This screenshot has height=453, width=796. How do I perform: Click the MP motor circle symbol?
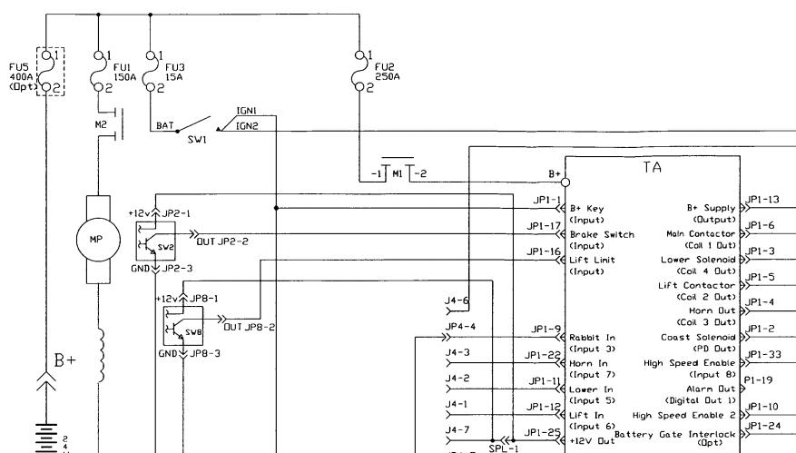click(x=97, y=241)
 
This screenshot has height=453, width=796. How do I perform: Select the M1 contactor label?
click(x=398, y=173)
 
